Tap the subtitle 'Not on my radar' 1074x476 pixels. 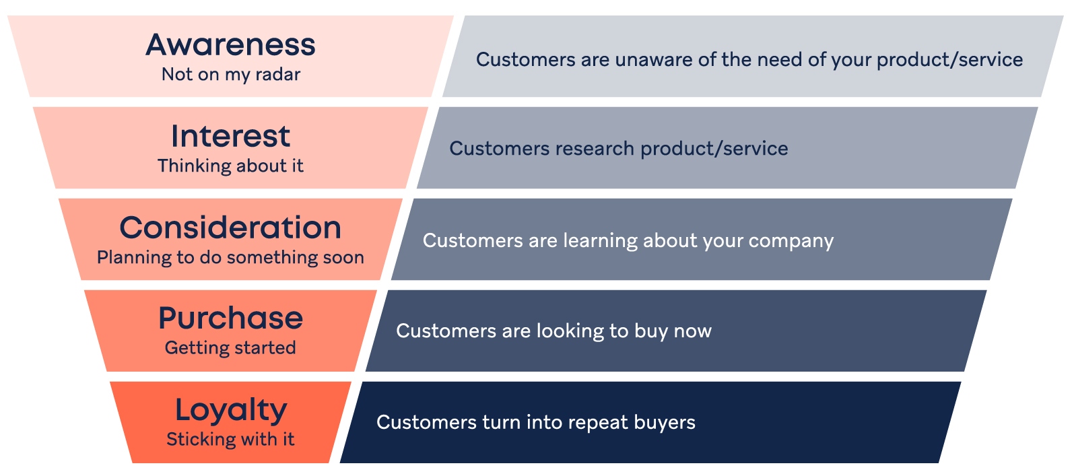click(x=230, y=74)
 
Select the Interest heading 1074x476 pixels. click(x=230, y=136)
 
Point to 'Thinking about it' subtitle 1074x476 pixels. click(x=230, y=166)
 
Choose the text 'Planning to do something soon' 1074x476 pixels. click(x=230, y=257)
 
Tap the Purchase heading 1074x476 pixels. click(x=230, y=318)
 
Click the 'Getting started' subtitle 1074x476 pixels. click(x=230, y=347)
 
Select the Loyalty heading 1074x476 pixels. click(x=230, y=410)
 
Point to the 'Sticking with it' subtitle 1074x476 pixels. click(x=230, y=439)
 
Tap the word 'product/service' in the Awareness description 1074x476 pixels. click(x=950, y=61)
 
